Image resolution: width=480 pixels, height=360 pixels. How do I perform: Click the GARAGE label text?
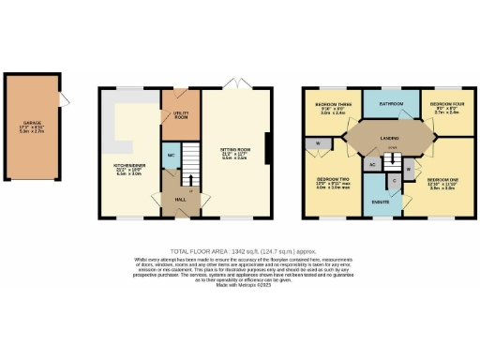click(x=32, y=122)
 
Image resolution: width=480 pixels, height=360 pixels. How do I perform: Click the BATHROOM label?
click(x=390, y=103)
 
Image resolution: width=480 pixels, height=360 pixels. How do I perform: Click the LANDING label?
click(x=388, y=140)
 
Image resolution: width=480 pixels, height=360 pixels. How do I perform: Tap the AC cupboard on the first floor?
click(x=373, y=165)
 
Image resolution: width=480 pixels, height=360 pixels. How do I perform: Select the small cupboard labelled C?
click(x=395, y=179)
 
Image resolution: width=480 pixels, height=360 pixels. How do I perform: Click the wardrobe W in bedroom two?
click(x=318, y=143)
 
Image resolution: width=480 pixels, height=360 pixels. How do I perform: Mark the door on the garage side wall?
click(x=63, y=98)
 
